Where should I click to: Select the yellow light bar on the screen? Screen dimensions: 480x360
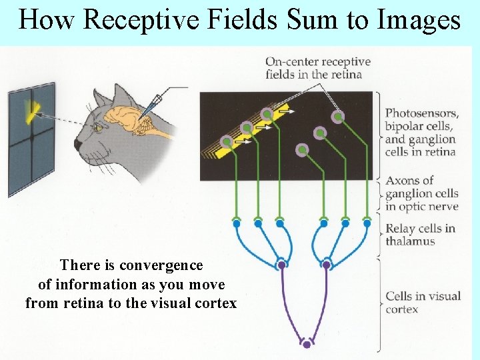(31, 111)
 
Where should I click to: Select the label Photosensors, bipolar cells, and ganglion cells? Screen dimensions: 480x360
(421, 133)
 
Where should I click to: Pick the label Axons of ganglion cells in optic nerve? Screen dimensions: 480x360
(421, 193)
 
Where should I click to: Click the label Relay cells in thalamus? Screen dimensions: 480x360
(420, 235)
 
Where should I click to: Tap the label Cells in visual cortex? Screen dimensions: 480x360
(423, 302)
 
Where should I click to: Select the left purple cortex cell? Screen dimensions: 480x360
(281, 265)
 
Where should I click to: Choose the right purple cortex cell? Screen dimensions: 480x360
(327, 265)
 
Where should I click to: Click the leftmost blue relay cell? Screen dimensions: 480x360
(236, 224)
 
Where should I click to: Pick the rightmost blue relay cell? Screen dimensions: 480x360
(367, 224)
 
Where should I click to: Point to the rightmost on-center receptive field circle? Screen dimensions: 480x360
(339, 117)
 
